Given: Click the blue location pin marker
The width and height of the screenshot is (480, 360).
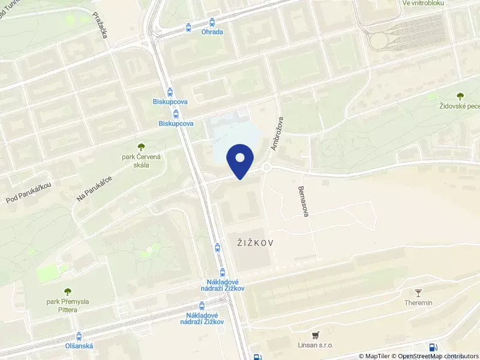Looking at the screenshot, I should [239, 160].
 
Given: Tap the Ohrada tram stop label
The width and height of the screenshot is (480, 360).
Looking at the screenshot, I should [212, 32].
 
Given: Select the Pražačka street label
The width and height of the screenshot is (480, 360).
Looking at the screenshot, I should [100, 26].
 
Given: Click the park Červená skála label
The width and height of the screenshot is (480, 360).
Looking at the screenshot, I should [141, 161].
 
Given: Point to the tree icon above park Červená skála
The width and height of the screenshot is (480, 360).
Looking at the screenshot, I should [141, 146].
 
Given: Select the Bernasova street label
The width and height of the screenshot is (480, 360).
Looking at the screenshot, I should [302, 201].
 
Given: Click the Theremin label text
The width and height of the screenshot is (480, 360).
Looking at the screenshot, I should [419, 303].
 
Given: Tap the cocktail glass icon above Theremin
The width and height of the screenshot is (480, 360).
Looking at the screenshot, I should [419, 292].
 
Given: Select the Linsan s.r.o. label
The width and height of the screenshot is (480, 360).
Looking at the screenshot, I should [315, 345].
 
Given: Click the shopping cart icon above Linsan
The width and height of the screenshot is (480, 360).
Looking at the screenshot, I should [315, 334].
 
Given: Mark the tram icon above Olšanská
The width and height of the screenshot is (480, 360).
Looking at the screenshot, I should [79, 337].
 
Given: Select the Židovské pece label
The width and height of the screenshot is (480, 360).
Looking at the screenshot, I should [459, 106].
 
